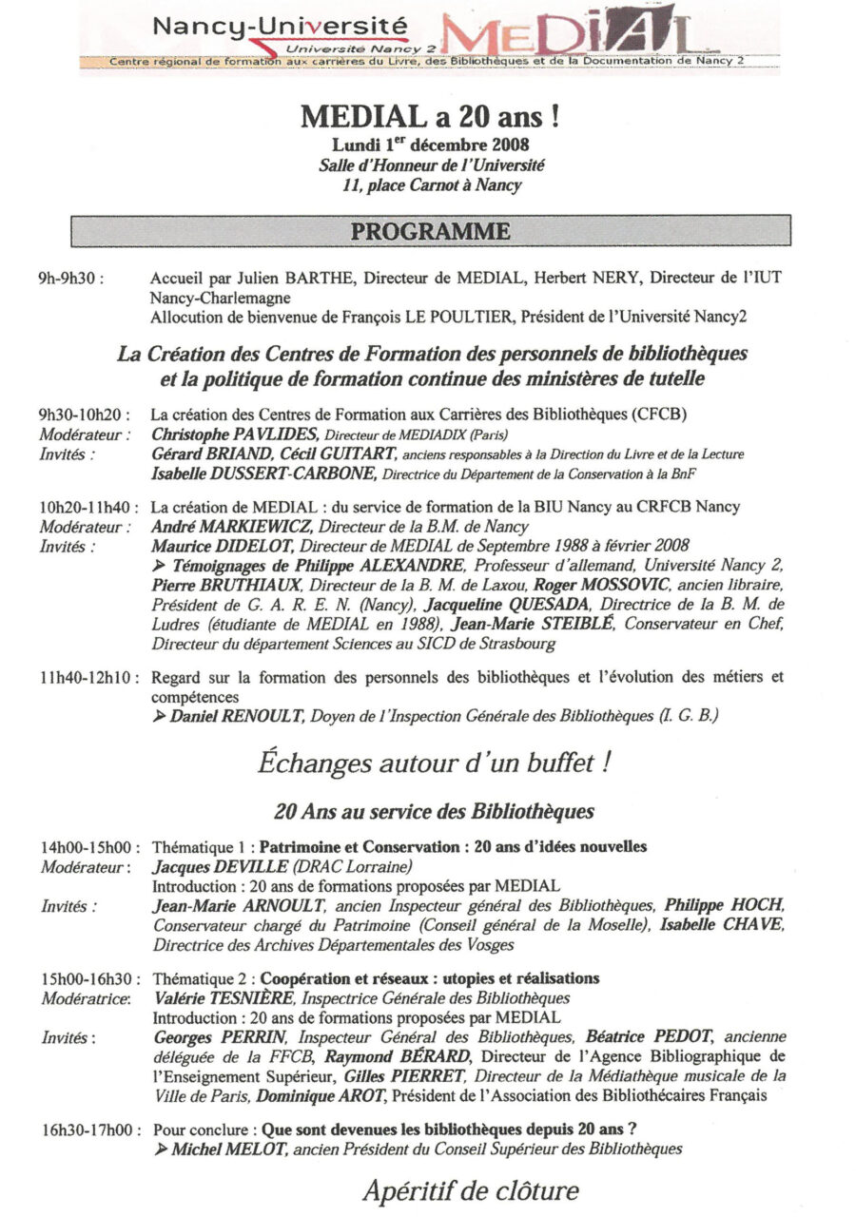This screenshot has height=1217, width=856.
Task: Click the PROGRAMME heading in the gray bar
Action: click(430, 231)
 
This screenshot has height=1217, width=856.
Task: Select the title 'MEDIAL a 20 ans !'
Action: click(429, 118)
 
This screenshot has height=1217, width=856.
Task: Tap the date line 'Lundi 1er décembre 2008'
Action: click(430, 145)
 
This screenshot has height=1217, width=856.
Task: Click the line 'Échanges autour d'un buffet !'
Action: click(429, 763)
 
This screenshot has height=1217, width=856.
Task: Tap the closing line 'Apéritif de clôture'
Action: click(470, 1190)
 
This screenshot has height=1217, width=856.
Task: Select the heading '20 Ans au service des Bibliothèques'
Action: click(434, 811)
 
